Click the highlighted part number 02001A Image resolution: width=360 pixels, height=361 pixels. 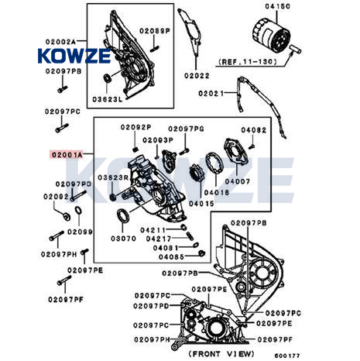click(67, 155)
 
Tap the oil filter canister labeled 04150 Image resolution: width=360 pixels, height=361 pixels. click(271, 36)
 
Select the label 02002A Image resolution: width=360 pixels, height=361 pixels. click(60, 42)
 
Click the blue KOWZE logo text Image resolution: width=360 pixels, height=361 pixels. click(74, 56)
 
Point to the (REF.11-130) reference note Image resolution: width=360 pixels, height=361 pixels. click(248, 62)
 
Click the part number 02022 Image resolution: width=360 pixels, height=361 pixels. click(197, 76)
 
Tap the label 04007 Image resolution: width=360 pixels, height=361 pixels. click(238, 181)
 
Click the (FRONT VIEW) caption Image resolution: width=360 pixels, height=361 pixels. click(221, 353)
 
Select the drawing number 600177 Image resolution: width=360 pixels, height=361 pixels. click(287, 356)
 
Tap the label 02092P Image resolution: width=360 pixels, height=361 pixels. click(136, 127)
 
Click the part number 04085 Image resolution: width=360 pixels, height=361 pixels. click(171, 256)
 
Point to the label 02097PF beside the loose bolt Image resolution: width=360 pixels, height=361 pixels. click(66, 300)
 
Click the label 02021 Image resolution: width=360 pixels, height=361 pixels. click(211, 93)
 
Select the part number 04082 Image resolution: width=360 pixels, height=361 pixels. click(253, 130)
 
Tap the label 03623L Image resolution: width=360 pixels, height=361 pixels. click(108, 99)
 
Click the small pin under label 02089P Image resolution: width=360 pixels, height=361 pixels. click(154, 49)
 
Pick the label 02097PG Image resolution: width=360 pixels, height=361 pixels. click(186, 129)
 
